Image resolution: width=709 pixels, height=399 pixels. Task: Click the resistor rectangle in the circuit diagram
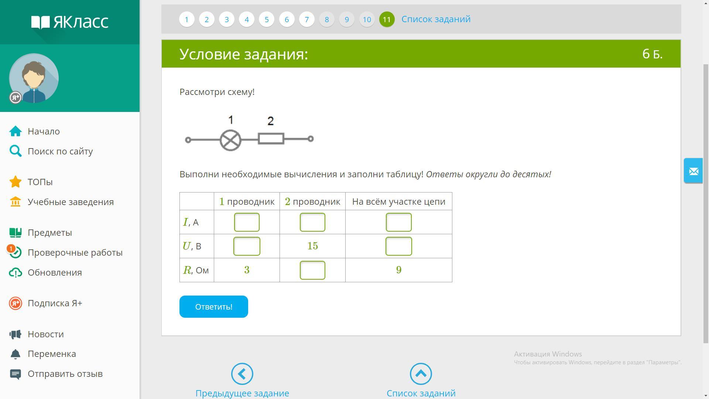pos(271,139)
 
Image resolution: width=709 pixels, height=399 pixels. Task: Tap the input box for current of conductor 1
pos(247,222)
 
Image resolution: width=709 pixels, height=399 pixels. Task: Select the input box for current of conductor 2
pos(312,222)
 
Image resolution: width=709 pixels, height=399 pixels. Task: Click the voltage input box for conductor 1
pos(247,246)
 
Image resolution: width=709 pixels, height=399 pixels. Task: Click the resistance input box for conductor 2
pos(312,270)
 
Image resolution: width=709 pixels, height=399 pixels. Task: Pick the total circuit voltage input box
pos(399,246)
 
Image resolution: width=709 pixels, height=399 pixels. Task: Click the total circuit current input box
pos(399,222)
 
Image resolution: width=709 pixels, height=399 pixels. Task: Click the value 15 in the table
pos(313,246)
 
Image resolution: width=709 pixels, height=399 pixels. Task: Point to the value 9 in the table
pos(399,270)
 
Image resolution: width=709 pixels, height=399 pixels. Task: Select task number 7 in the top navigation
pos(306,19)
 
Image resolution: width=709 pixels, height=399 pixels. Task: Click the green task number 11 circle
pos(387,19)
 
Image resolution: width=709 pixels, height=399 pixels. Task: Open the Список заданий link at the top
pos(436,19)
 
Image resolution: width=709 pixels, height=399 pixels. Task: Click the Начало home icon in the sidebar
pos(16,131)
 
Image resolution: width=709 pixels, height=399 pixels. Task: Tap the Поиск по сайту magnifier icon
pos(16,151)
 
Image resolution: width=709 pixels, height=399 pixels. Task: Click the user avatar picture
pos(34,78)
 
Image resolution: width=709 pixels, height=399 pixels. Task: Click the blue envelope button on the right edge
pos(693,171)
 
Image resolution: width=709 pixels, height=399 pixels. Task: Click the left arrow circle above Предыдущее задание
pos(242,374)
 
